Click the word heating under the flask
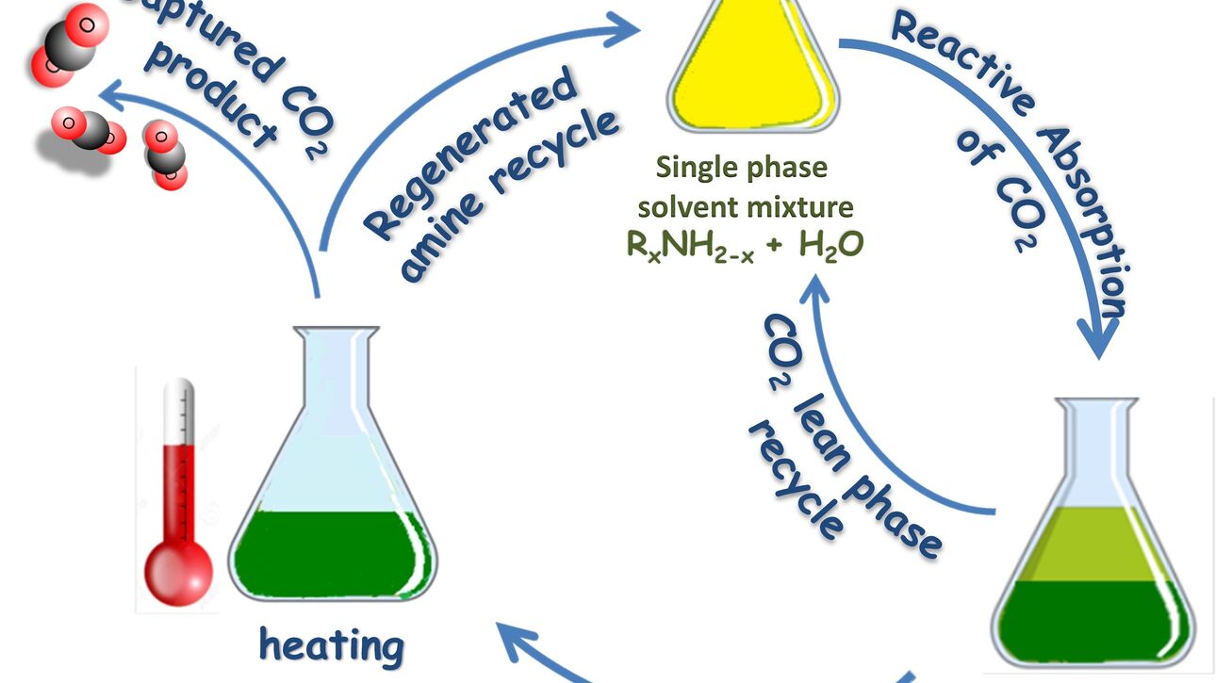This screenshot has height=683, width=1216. tap(332, 646)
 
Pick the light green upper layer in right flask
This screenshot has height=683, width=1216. tap(1094, 544)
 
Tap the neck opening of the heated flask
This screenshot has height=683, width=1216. tap(336, 333)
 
